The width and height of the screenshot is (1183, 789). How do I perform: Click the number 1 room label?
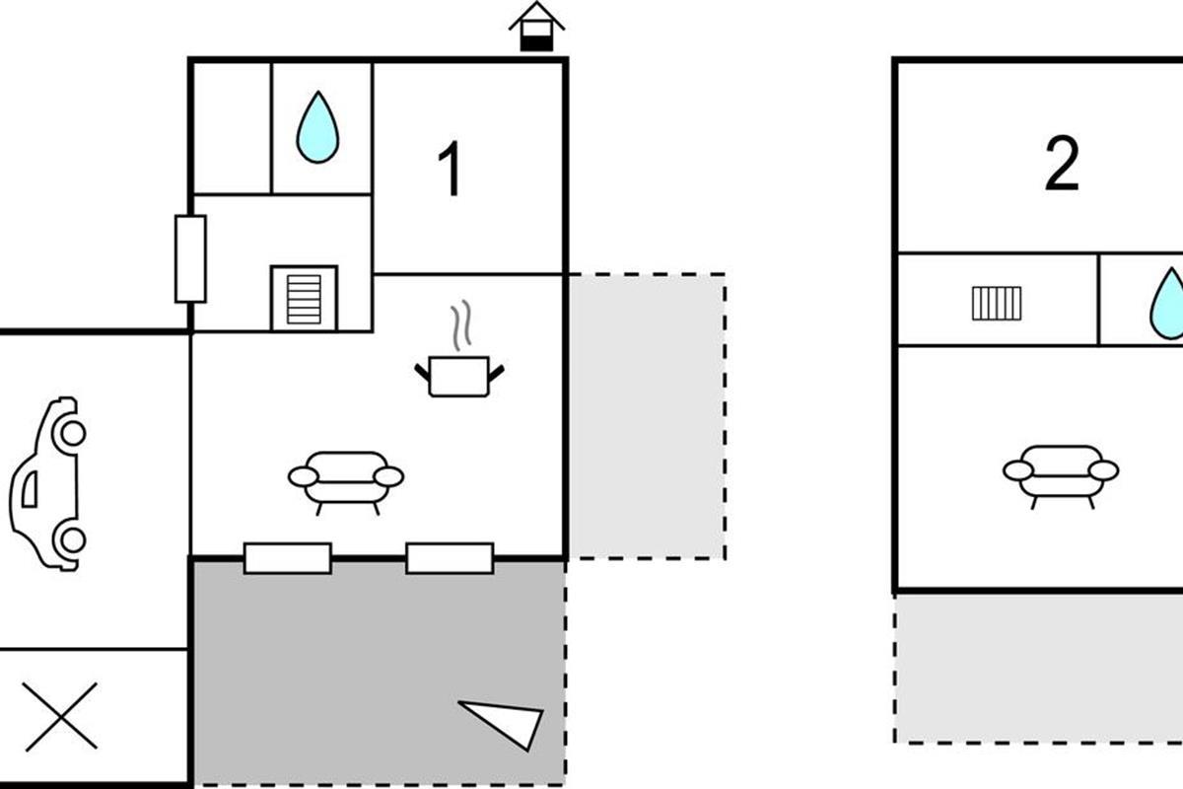(x=451, y=170)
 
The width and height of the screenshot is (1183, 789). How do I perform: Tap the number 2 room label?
(x=1062, y=166)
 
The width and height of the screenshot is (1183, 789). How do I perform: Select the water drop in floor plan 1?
(x=318, y=127)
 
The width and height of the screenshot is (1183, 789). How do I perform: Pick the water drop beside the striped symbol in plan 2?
(x=1169, y=300)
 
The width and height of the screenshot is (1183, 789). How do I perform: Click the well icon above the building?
(x=536, y=27)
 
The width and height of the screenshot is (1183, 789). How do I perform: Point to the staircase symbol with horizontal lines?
(x=304, y=297)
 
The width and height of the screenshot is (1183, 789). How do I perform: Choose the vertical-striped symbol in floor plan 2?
(x=998, y=303)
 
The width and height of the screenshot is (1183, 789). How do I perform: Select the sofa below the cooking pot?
(x=346, y=479)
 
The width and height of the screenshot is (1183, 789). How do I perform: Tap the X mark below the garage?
(x=61, y=715)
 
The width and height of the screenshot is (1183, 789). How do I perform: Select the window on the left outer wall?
(x=190, y=258)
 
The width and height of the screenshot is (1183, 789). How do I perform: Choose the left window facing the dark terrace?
(x=288, y=557)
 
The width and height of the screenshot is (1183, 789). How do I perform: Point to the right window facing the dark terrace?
(x=450, y=557)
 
